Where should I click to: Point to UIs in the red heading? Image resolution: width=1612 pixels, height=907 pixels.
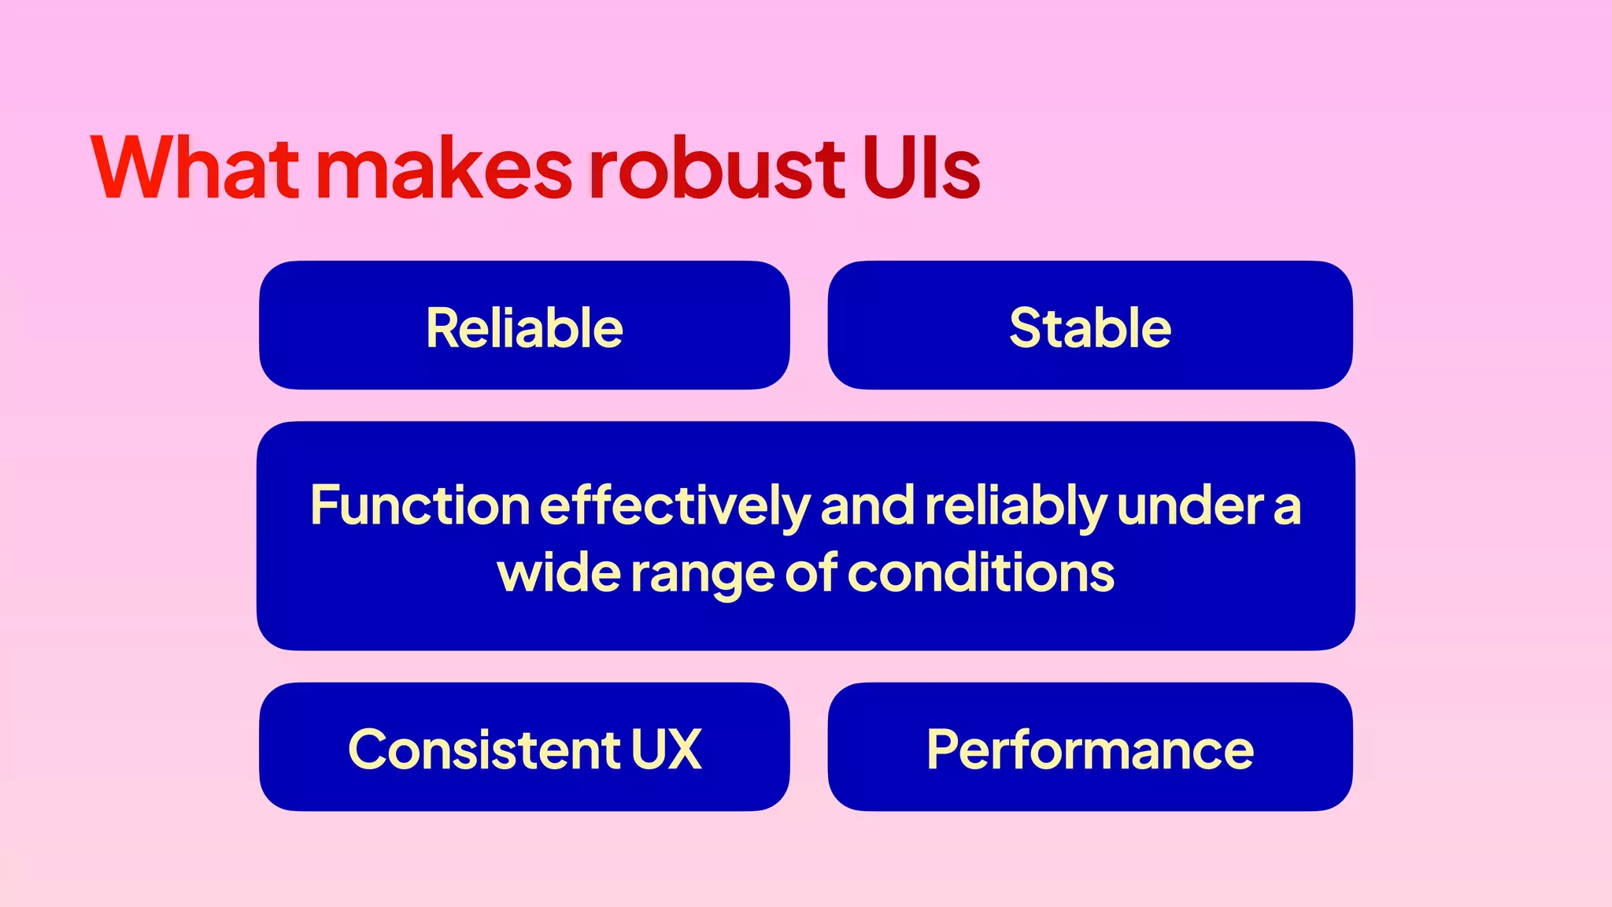922,168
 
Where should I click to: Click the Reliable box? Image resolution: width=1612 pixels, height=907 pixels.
524,325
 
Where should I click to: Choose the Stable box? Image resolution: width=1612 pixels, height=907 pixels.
1090,325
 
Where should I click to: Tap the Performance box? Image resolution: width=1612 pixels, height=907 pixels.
1090,747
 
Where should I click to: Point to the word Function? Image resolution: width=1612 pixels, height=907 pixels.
420,505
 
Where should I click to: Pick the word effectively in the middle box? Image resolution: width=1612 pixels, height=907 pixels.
675,506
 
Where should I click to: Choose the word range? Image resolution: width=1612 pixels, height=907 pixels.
702,576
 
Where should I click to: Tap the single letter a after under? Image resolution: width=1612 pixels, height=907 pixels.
1288,508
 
